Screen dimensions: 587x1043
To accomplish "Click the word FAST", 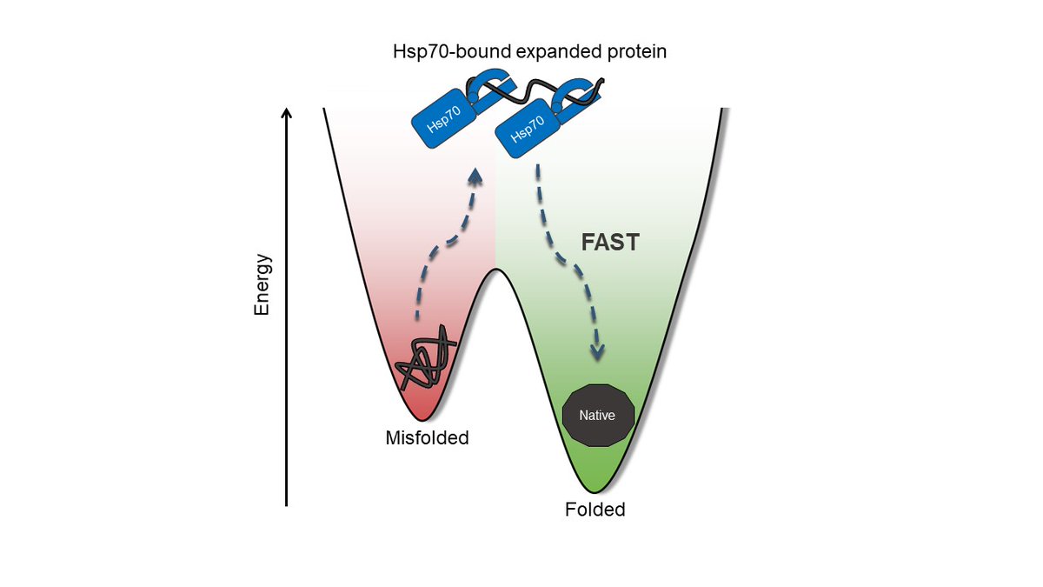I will coord(610,243).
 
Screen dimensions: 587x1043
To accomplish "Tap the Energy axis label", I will coord(262,284).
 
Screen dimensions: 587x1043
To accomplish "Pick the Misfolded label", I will coord(427,438).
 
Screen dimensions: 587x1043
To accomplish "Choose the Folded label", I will coord(595,510).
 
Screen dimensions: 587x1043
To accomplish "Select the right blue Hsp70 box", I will coord(524,132).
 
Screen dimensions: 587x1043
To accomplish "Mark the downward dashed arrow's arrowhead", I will coord(596,352).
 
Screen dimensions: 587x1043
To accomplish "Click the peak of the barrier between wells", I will coord(495,270).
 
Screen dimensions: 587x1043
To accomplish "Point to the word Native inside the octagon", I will coord(597,416).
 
